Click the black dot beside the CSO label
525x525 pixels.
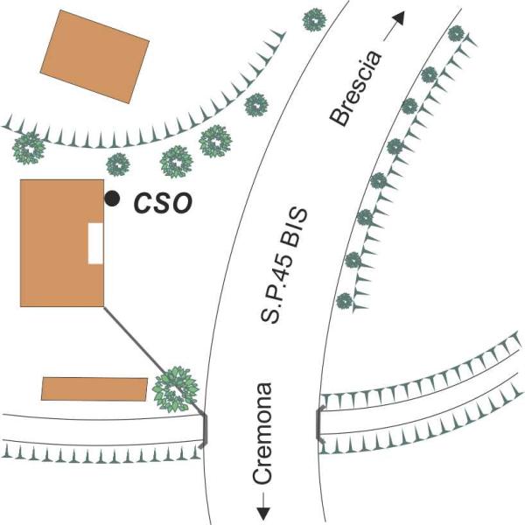tap(112, 199)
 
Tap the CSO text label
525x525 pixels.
tap(163, 203)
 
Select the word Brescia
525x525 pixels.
tap(355, 88)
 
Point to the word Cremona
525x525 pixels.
tap(262, 434)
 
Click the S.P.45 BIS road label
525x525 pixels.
tap(283, 265)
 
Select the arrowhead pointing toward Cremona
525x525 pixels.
tap(263, 514)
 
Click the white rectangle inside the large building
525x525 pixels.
tap(95, 243)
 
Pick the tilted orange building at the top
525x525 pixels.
tap(94, 57)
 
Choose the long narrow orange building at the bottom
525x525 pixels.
tap(94, 389)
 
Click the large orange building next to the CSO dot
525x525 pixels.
tap(62, 243)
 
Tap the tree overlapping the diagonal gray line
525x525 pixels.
tap(176, 389)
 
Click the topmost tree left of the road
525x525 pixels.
tap(314, 20)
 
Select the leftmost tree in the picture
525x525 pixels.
tap(29, 149)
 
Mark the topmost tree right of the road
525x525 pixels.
tap(456, 33)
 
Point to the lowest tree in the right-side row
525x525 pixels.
tap(344, 301)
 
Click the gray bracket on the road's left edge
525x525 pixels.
tap(204, 430)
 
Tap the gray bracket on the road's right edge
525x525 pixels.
tap(319, 423)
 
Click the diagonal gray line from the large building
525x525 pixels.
tap(154, 360)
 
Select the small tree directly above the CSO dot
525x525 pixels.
tap(118, 164)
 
